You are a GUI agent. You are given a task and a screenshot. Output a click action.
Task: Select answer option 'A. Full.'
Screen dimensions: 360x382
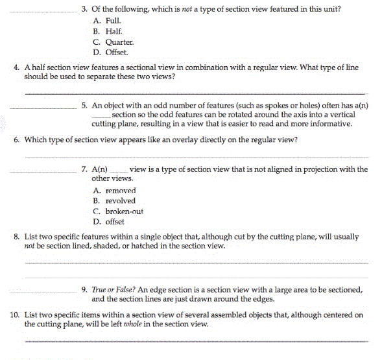coord(104,21)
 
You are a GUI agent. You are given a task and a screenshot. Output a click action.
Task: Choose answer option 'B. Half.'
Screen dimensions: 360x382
coord(104,31)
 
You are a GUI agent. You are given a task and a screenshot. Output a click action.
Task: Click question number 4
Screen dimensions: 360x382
coord(16,67)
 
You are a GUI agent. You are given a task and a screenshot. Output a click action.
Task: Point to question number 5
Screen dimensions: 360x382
coord(85,104)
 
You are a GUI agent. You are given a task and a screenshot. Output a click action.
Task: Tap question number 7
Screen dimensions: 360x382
coord(85,169)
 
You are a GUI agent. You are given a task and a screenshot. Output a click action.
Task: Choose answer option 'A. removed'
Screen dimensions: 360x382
coord(114,191)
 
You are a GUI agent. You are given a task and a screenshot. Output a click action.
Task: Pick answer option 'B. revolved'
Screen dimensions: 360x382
coord(114,201)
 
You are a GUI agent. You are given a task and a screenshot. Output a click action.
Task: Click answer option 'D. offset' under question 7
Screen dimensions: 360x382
coord(109,222)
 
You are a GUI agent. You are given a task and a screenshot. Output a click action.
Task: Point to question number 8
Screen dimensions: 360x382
coord(16,237)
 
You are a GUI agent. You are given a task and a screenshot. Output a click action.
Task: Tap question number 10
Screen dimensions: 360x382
coord(15,315)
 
